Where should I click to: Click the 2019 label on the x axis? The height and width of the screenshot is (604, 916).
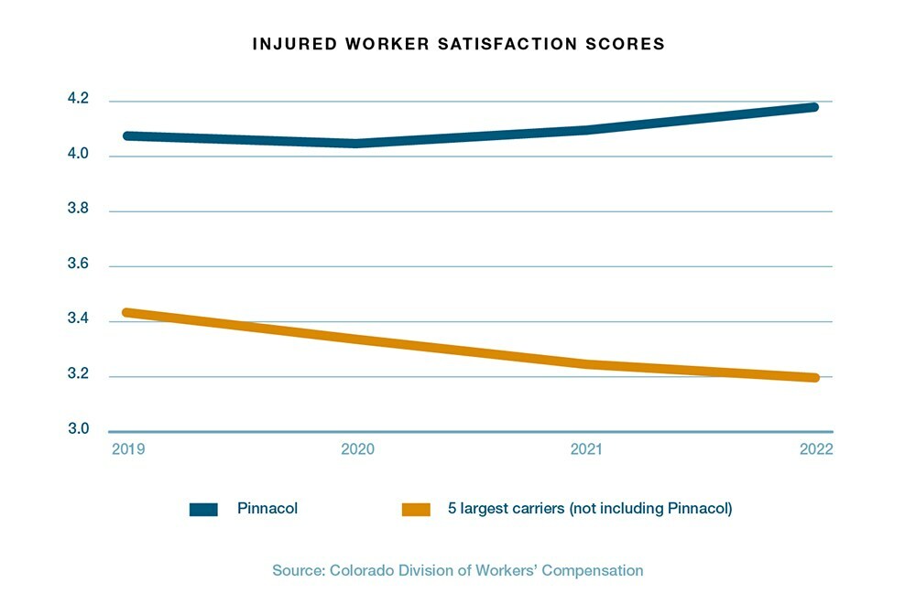click(x=128, y=449)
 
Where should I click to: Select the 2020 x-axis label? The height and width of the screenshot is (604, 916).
click(x=358, y=449)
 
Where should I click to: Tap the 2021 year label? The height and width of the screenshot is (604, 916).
click(x=586, y=449)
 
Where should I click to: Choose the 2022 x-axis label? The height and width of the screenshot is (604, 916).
click(x=814, y=449)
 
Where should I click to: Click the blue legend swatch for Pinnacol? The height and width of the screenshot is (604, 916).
click(x=203, y=510)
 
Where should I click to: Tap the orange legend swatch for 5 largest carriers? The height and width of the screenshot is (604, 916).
click(x=417, y=510)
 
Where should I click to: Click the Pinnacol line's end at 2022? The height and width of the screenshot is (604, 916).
click(x=812, y=107)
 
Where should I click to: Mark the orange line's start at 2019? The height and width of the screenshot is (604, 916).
click(x=126, y=313)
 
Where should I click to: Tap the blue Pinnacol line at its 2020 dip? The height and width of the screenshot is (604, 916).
click(x=358, y=143)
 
